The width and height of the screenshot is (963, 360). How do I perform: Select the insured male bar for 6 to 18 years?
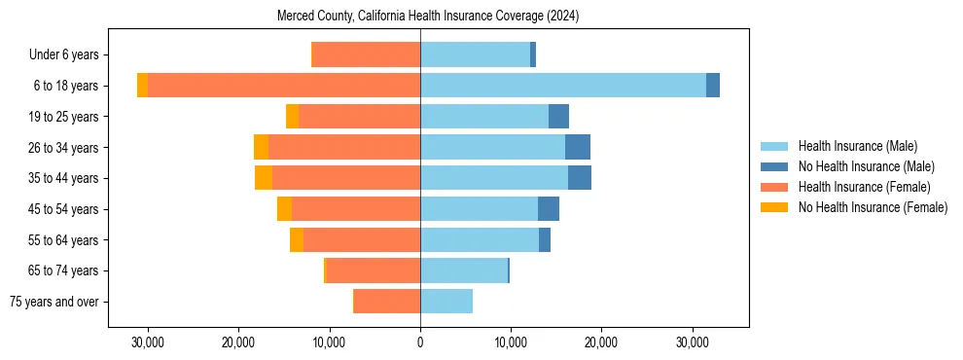click(x=562, y=86)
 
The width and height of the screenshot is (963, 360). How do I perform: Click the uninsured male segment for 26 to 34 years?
click(x=578, y=147)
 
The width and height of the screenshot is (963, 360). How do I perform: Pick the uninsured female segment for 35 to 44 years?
click(x=264, y=178)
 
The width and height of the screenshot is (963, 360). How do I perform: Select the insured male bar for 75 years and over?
click(x=446, y=302)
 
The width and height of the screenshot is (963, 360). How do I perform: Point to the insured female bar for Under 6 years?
click(x=366, y=54)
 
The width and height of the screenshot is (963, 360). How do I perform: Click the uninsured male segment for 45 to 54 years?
click(x=549, y=209)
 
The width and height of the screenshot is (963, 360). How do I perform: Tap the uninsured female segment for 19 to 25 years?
click(x=292, y=117)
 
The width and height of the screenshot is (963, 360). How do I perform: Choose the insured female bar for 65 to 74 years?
click(x=374, y=270)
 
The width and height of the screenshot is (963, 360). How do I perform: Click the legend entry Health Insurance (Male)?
click(x=857, y=146)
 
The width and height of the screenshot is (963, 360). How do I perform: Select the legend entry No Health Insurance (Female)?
click(x=873, y=207)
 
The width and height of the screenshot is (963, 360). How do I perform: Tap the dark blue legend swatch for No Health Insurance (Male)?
click(x=774, y=166)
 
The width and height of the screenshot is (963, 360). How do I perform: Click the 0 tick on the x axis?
click(x=420, y=342)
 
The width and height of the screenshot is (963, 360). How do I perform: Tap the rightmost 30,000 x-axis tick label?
click(x=692, y=342)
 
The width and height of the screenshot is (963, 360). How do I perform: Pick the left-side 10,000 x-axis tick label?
click(x=329, y=342)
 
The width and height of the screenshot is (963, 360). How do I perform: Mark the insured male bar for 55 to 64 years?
click(x=480, y=239)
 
